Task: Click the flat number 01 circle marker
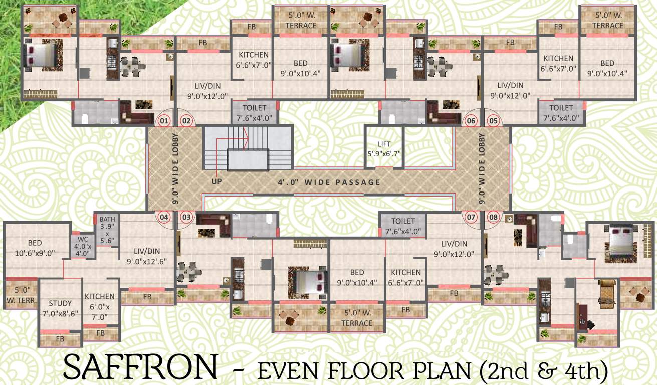click(x=163, y=121)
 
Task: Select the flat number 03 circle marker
click(x=186, y=217)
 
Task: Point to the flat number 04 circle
click(x=164, y=217)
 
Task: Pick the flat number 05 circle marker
click(x=493, y=121)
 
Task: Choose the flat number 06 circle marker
click(x=471, y=121)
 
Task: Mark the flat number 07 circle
click(x=471, y=217)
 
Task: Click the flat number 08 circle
click(x=494, y=217)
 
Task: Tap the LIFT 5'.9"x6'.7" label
click(x=384, y=149)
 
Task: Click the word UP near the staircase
click(x=216, y=181)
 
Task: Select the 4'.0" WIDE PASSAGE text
click(x=328, y=182)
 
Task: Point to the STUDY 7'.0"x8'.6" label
click(x=60, y=307)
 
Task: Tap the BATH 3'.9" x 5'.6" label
click(x=107, y=230)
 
